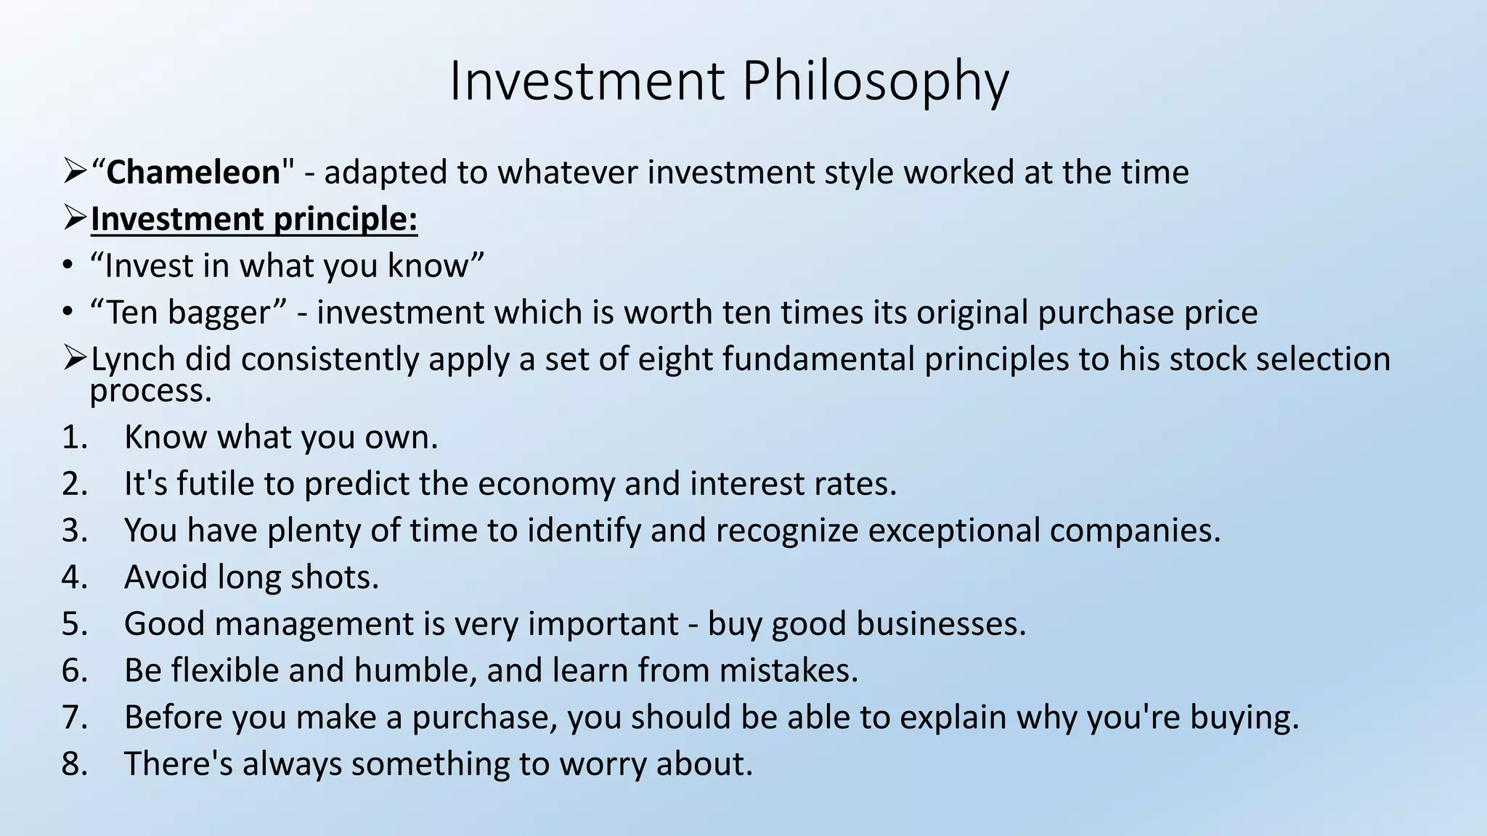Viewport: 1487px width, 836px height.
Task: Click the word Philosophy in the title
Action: (874, 81)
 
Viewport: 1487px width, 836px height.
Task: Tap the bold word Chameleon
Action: (193, 173)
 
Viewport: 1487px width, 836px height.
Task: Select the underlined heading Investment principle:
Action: (254, 219)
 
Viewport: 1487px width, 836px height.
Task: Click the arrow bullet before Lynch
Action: (75, 358)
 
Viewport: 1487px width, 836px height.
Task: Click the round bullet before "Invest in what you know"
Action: (68, 266)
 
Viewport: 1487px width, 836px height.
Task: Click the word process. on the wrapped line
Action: (151, 392)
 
